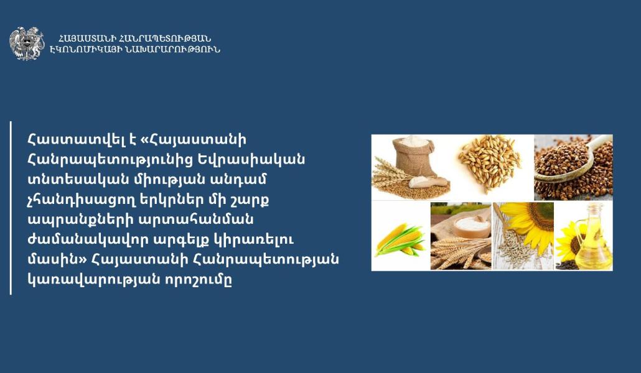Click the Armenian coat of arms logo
[x=27, y=44]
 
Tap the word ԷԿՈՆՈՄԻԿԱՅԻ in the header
[x=80, y=50]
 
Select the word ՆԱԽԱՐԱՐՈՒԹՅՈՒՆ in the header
[x=167, y=50]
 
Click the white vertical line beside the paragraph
[x=11, y=208]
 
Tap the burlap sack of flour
[x=413, y=157]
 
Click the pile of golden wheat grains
[x=489, y=163]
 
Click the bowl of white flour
[x=471, y=226]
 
